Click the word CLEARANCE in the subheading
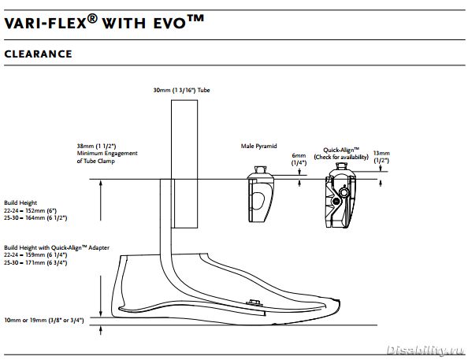click(38, 54)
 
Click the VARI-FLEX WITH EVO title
click(104, 22)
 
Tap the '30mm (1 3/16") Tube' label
click(181, 90)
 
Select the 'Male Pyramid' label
click(258, 146)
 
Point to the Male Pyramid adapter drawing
click(260, 195)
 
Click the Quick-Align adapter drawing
click(340, 195)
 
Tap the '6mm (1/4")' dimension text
click(299, 159)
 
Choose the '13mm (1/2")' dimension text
click(381, 157)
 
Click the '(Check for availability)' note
click(341, 157)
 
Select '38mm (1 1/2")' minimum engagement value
click(96, 146)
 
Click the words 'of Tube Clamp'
click(96, 161)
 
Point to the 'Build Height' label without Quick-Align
click(20, 203)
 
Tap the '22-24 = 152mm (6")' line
click(31, 210)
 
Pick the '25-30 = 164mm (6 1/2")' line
click(35, 218)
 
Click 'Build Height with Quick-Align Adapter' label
click(57, 248)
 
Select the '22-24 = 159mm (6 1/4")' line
click(35, 255)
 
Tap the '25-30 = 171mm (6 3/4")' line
click(35, 262)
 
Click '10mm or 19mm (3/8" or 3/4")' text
click(44, 321)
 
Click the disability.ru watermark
click(425, 350)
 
